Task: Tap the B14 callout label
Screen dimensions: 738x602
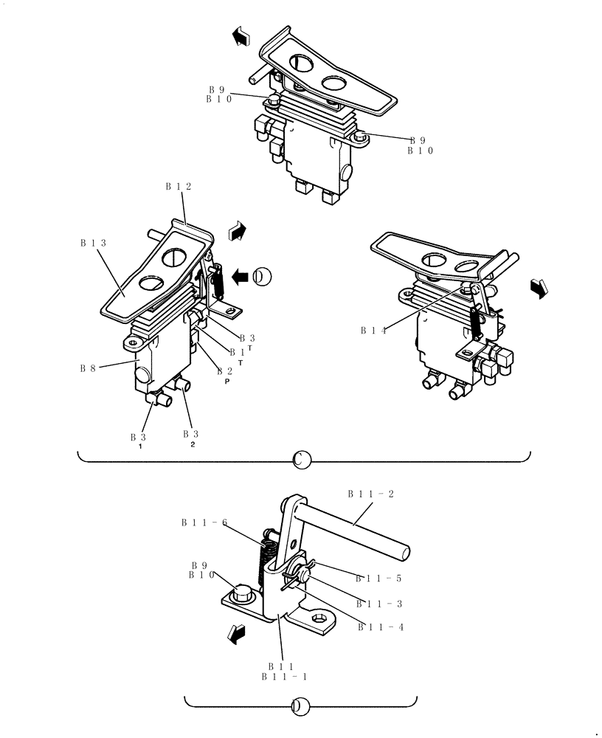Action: (373, 331)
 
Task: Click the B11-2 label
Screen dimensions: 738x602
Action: (370, 494)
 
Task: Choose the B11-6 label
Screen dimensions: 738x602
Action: (204, 523)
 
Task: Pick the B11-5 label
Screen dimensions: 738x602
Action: (378, 579)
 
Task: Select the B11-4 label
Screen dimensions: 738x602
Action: (381, 627)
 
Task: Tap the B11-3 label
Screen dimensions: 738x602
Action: (378, 604)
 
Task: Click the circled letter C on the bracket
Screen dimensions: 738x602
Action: (302, 461)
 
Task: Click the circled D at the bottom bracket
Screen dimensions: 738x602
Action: (300, 706)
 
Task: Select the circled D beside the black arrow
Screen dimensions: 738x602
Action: (262, 277)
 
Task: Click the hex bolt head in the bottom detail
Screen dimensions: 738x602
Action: (243, 592)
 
